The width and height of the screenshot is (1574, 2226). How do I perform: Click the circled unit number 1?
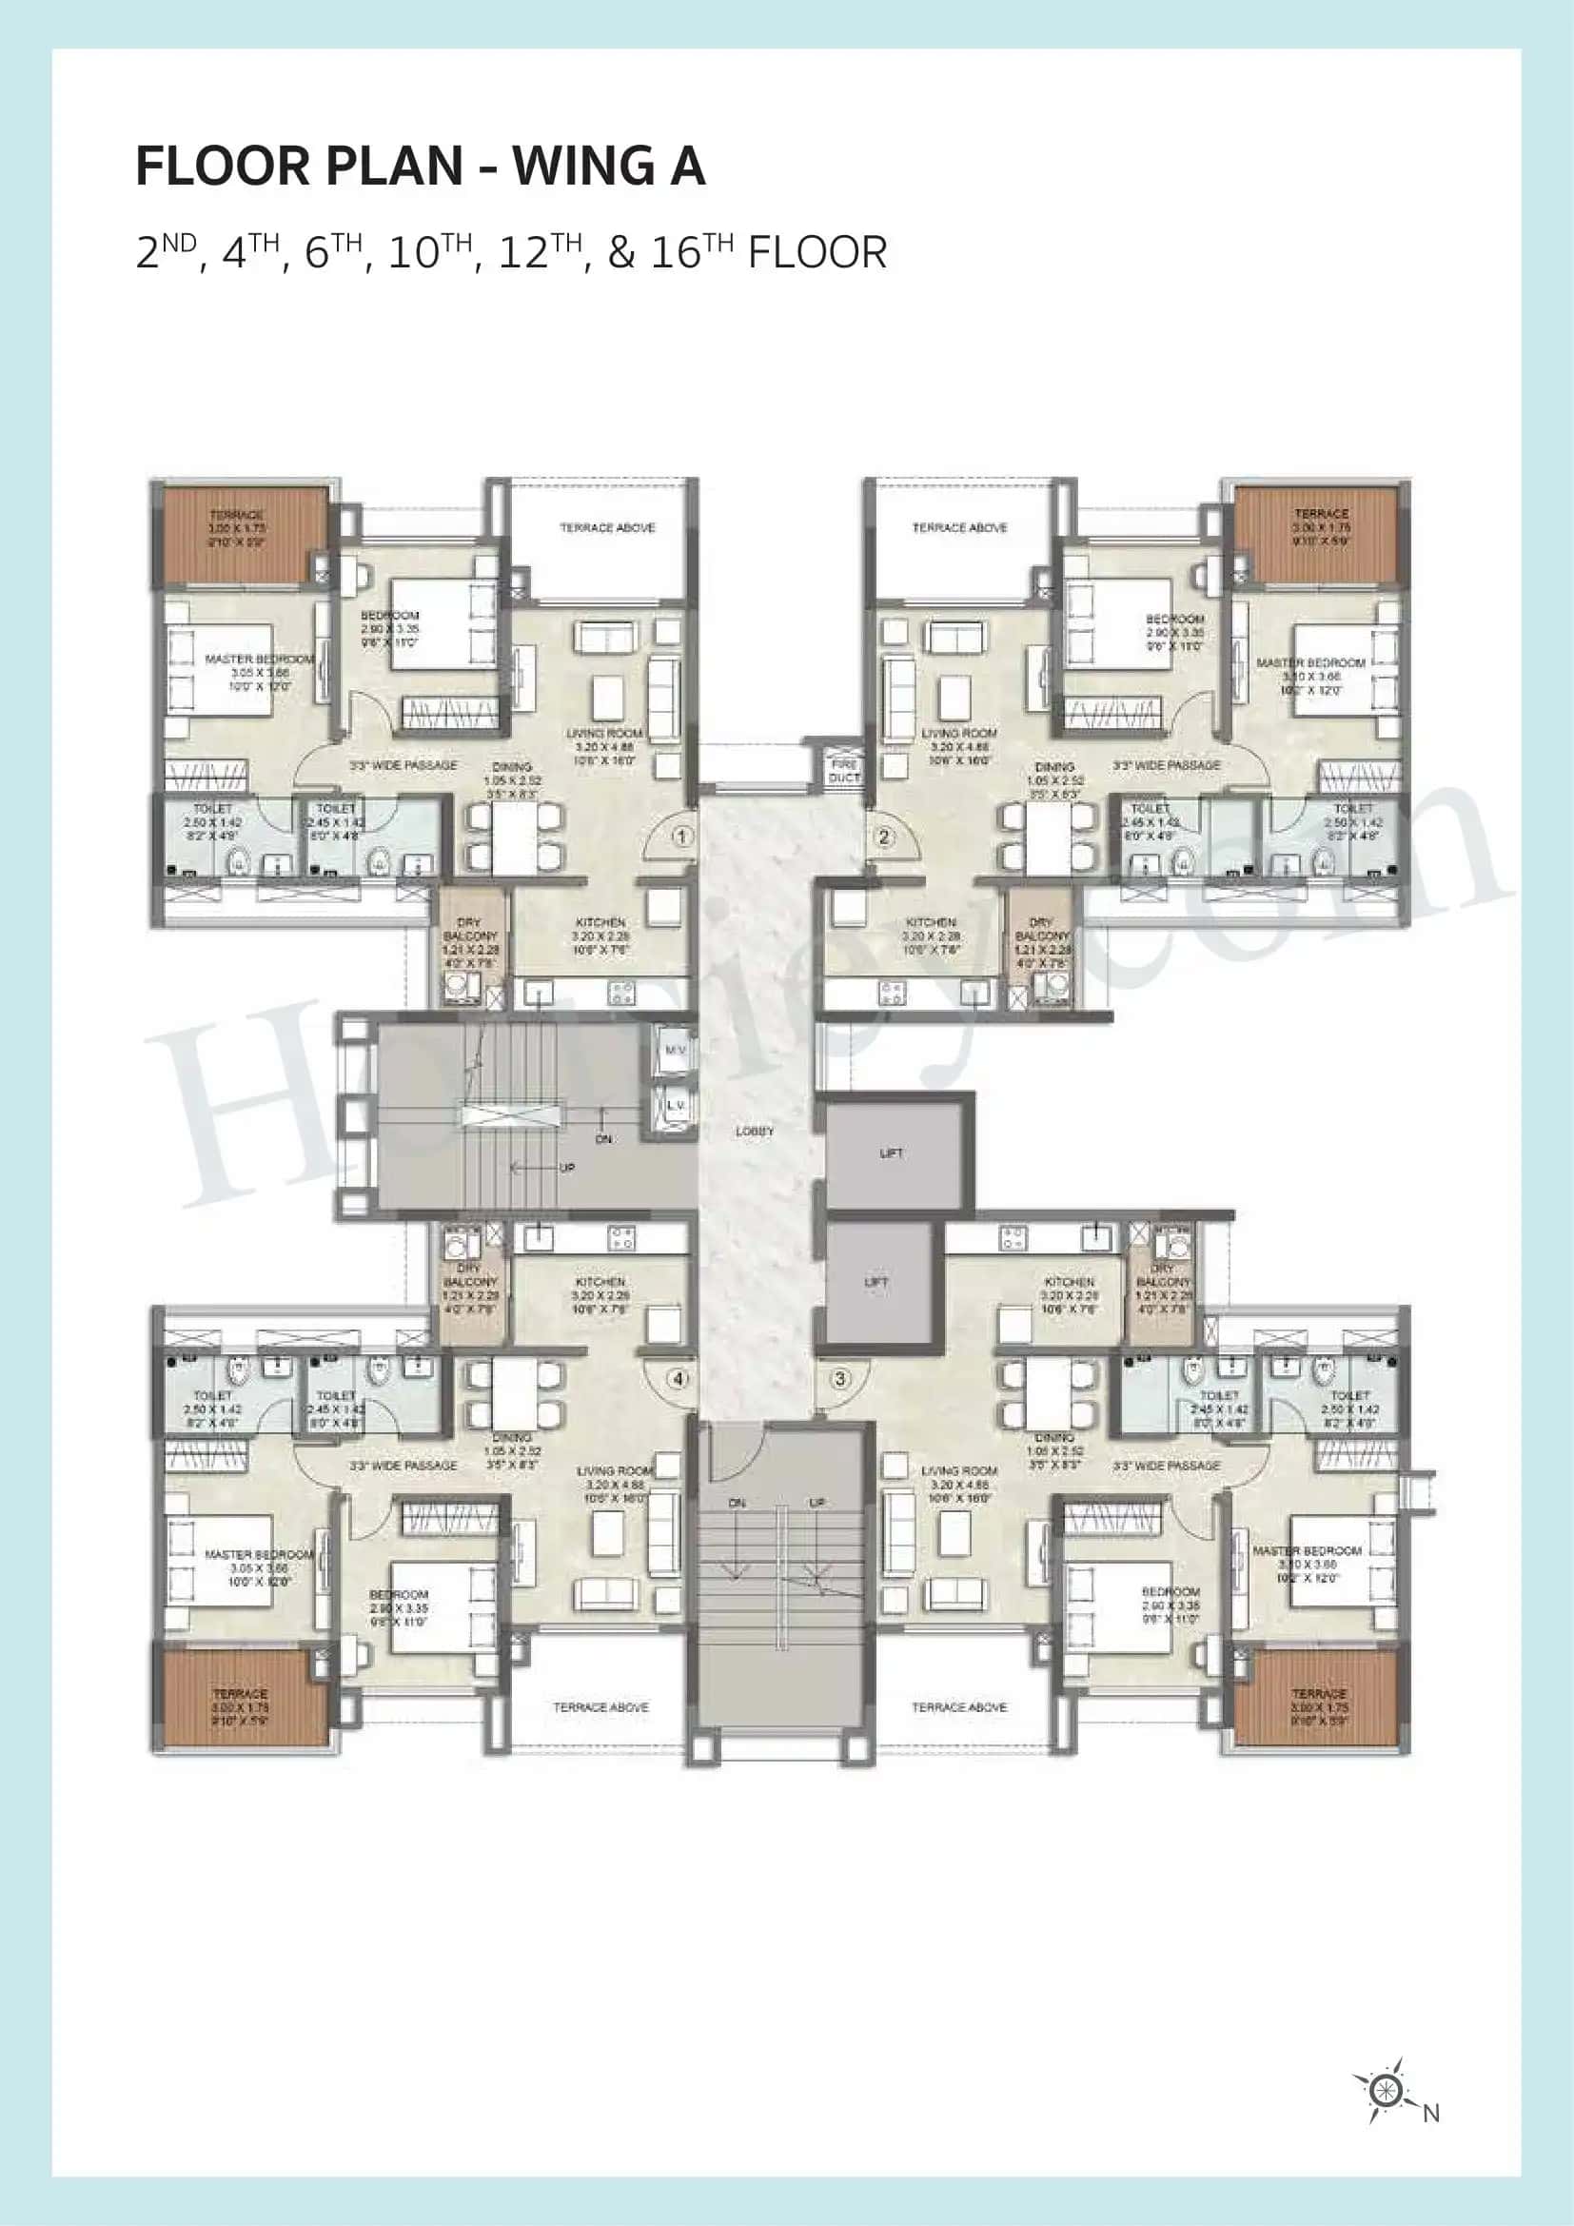682,837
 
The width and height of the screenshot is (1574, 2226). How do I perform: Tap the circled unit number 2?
883,837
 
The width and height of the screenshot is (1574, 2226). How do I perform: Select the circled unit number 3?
840,1378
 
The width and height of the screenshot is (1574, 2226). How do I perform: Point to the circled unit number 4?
679,1378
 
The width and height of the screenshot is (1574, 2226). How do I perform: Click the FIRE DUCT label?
843,771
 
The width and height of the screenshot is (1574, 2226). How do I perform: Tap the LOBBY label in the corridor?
754,1132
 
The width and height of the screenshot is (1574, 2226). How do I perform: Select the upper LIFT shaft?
892,1152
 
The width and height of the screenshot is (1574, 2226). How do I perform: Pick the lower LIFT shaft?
876,1282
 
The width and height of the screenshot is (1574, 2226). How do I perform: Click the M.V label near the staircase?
676,1050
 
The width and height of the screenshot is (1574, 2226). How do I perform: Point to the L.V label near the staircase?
676,1105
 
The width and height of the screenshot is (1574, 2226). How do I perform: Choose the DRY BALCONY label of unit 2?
1042,936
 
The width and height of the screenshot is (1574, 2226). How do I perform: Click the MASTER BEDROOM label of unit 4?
259,1554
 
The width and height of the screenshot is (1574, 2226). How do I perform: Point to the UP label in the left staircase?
566,1168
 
